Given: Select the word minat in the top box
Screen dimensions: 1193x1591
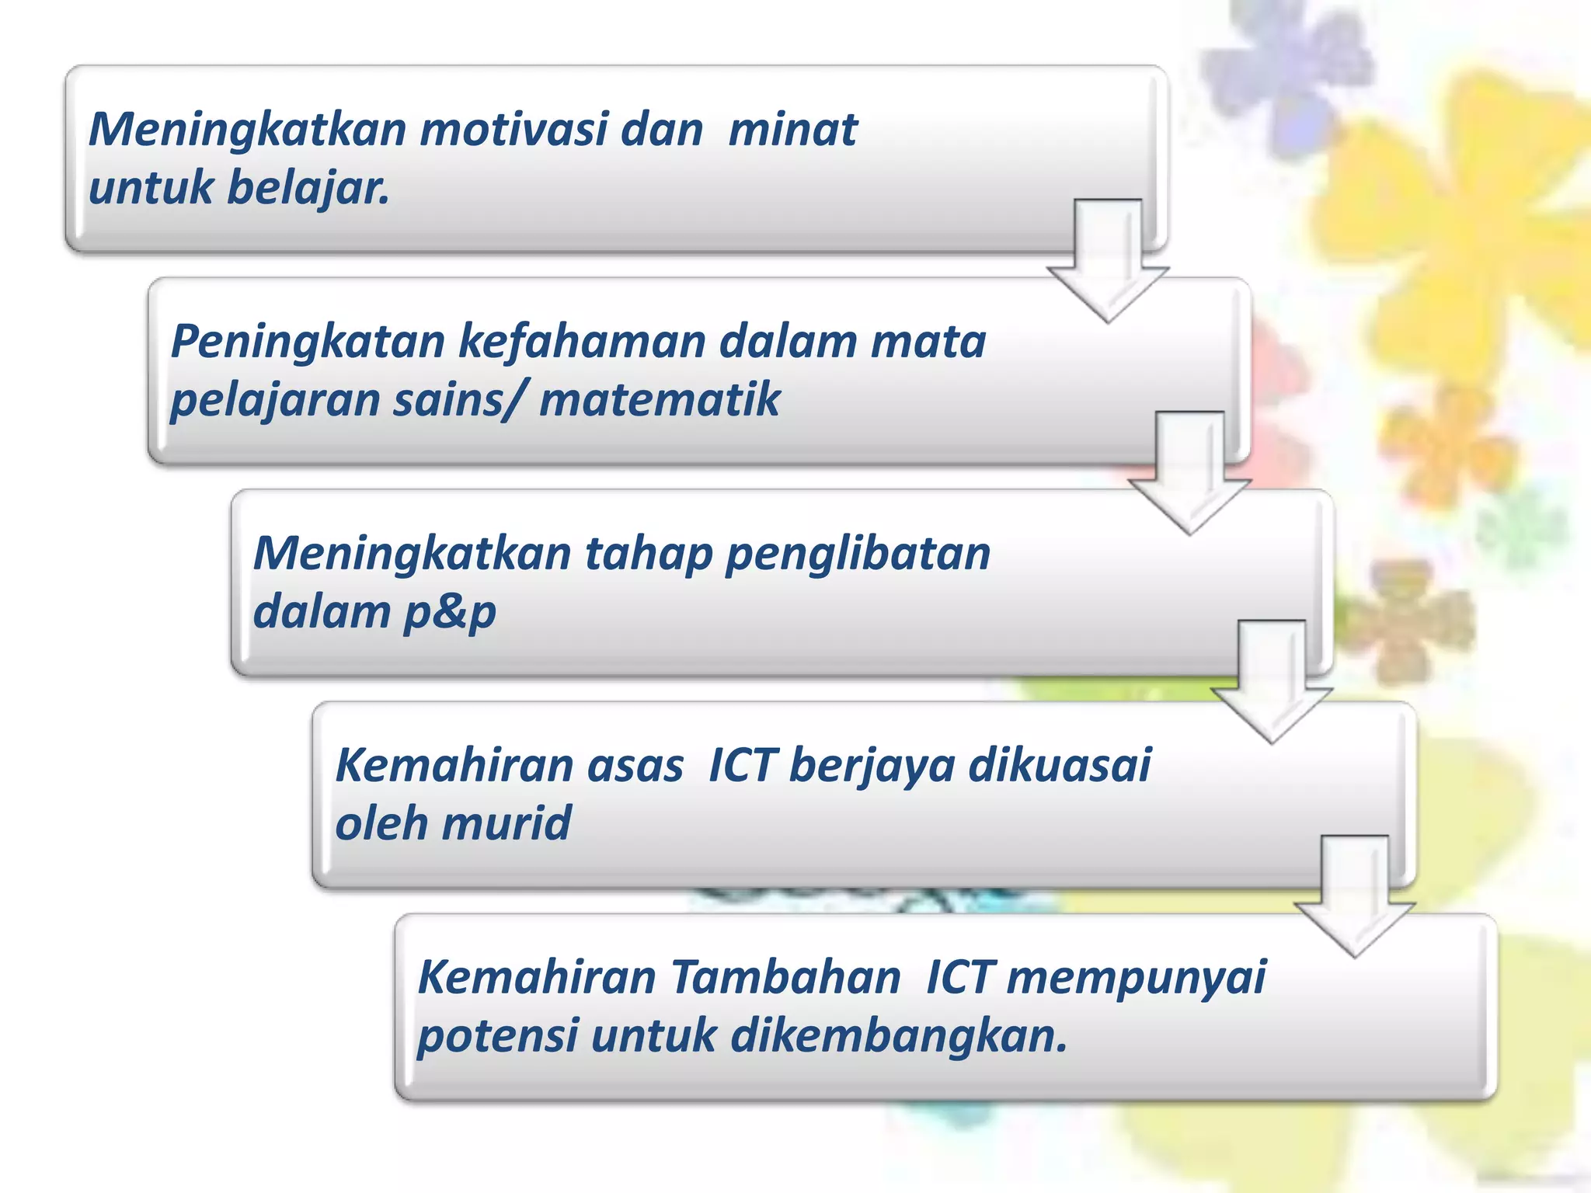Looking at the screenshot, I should tap(792, 129).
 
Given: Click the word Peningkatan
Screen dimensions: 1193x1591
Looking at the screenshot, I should tap(308, 341).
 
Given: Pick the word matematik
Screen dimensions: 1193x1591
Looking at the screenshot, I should tap(659, 400).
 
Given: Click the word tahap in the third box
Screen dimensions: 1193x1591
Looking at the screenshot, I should tap(648, 553).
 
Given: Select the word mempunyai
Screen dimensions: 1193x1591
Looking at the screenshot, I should tap(1136, 977).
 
